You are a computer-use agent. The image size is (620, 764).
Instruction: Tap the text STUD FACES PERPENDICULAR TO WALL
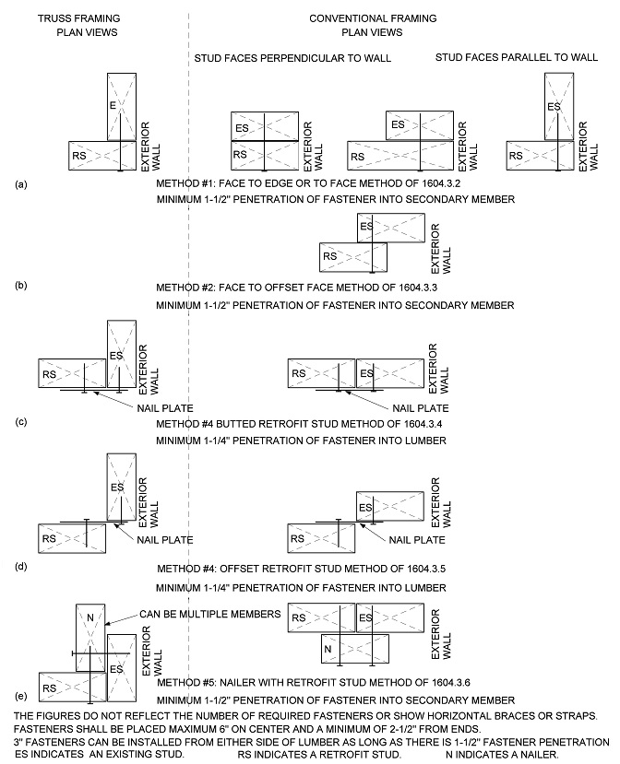click(292, 58)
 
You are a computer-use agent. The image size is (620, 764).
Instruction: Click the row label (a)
click(21, 184)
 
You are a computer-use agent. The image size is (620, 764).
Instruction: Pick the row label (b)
click(21, 286)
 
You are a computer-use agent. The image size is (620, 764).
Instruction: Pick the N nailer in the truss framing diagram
click(89, 638)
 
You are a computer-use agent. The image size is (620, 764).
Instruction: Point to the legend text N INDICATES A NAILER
click(495, 754)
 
